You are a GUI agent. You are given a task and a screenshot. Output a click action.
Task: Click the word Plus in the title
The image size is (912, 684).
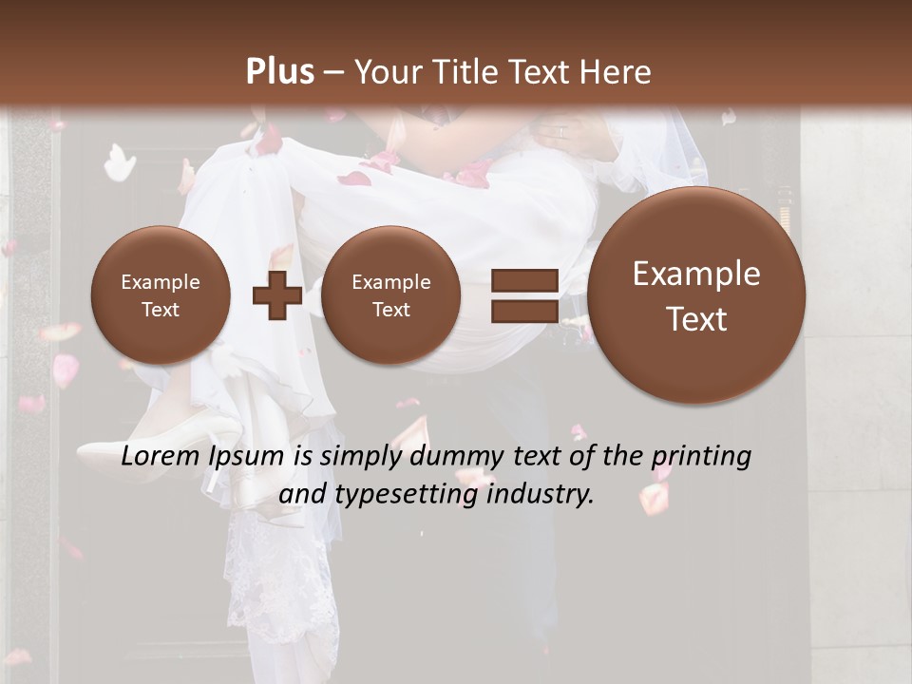pos(279,71)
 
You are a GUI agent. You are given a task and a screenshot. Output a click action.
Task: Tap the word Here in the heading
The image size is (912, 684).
pos(619,72)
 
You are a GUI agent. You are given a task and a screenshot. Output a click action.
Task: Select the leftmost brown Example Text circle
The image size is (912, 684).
pos(160,294)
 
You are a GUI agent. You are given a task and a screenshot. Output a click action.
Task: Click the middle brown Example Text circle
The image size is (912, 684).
pos(390,294)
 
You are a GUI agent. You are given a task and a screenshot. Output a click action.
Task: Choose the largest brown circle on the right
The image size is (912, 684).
pos(696,294)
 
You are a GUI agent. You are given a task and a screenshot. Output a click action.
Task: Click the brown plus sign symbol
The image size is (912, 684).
pos(276,294)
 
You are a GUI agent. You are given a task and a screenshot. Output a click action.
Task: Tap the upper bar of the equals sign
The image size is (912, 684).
pos(523,280)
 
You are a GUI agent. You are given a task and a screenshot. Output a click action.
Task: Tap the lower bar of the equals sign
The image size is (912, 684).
pos(523,311)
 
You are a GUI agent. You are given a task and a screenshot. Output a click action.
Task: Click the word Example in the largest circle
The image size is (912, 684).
pos(696,274)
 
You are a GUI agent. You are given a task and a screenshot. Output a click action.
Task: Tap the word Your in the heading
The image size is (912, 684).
pos(384,72)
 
